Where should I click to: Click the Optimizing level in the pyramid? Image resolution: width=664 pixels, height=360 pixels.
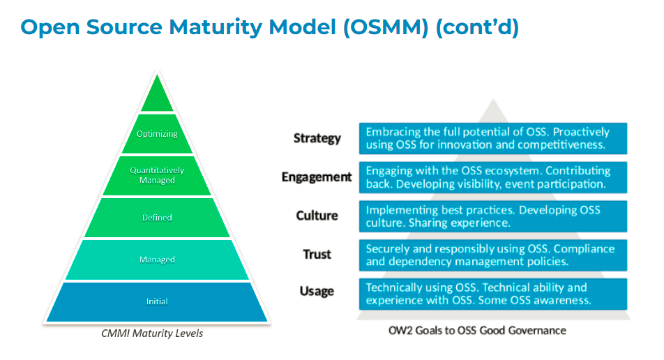tap(157, 134)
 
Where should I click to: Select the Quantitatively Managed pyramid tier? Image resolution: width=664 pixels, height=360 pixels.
tap(157, 175)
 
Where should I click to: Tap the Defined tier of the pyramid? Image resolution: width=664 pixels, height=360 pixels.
tap(157, 218)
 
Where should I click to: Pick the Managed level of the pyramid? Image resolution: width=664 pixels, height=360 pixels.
tap(157, 260)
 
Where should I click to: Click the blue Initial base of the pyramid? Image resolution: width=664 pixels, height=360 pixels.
tap(157, 301)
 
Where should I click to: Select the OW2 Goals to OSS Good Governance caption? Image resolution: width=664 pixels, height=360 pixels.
tap(477, 330)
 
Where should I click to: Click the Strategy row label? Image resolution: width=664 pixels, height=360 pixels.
tap(317, 138)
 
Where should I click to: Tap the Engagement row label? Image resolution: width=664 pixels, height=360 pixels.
tap(317, 177)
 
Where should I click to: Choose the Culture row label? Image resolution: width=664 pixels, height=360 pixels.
tap(317, 216)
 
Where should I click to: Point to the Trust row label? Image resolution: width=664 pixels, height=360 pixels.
tap(317, 255)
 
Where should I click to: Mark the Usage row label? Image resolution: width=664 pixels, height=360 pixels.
tap(317, 292)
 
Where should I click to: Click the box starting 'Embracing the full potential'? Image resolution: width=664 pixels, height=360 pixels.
tap(492, 138)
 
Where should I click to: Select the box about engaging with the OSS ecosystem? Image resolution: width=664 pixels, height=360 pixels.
tap(492, 177)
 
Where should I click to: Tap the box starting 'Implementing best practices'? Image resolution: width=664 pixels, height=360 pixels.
tap(492, 216)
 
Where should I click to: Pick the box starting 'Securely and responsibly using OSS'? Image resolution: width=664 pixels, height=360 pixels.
tap(492, 255)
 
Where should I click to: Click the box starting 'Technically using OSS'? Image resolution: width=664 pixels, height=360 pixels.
tap(492, 294)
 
